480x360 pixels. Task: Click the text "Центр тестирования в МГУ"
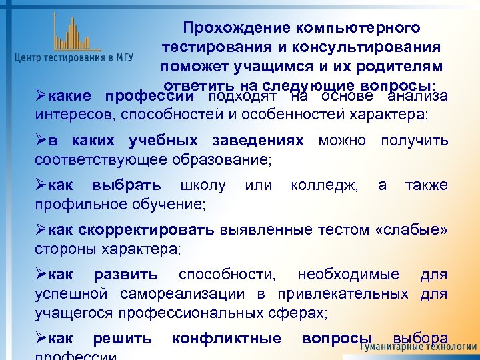pos(74,58)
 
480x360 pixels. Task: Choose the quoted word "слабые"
pos(412,231)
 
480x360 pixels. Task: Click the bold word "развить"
pos(126,275)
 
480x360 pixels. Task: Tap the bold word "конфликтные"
pos(227,338)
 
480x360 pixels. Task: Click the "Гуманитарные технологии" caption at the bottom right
pos(419,349)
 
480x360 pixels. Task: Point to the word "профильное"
pos(75,203)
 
